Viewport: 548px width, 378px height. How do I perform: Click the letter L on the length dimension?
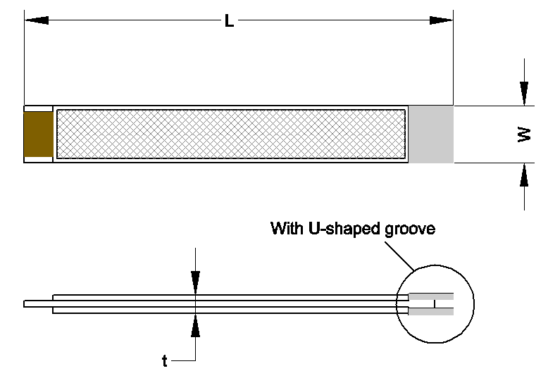(x=229, y=21)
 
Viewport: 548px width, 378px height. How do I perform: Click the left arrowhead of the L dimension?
(x=36, y=21)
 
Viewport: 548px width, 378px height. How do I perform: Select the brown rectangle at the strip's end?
(x=39, y=134)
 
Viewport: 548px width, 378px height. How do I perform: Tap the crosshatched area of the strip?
(x=231, y=134)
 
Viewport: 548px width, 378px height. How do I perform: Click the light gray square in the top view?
(x=431, y=134)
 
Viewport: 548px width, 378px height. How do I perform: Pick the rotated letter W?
(x=523, y=134)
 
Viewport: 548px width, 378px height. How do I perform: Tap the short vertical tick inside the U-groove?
(x=435, y=304)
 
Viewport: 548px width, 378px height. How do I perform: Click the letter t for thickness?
(x=165, y=362)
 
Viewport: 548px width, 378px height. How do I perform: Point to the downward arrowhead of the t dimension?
(x=195, y=282)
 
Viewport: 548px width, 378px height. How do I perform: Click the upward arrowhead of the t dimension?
(x=195, y=326)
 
